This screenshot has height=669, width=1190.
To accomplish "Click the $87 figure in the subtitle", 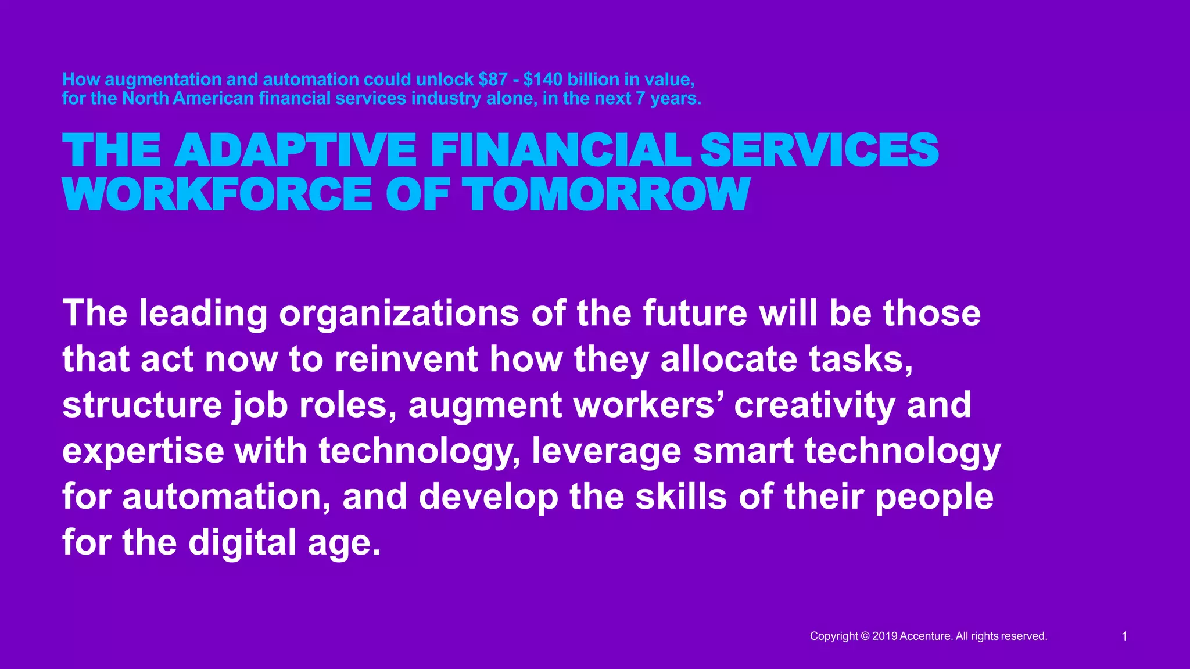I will (x=493, y=80).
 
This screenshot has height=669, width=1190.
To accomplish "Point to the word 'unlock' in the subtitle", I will (x=445, y=80).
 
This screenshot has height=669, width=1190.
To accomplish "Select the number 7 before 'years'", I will (x=640, y=99).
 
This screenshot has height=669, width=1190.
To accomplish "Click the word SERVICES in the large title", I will (x=819, y=150).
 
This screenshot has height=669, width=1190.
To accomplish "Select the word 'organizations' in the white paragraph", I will (x=399, y=314).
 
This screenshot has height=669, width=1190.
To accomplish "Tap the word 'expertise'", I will (x=143, y=451).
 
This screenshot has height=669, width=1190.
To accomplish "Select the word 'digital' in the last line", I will (x=242, y=543).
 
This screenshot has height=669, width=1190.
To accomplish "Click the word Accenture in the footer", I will (x=926, y=636).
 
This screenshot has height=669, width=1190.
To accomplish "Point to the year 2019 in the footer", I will (x=885, y=636).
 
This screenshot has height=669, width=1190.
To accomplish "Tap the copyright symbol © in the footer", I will (x=865, y=636).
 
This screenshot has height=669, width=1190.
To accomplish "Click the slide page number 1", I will (x=1124, y=636).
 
